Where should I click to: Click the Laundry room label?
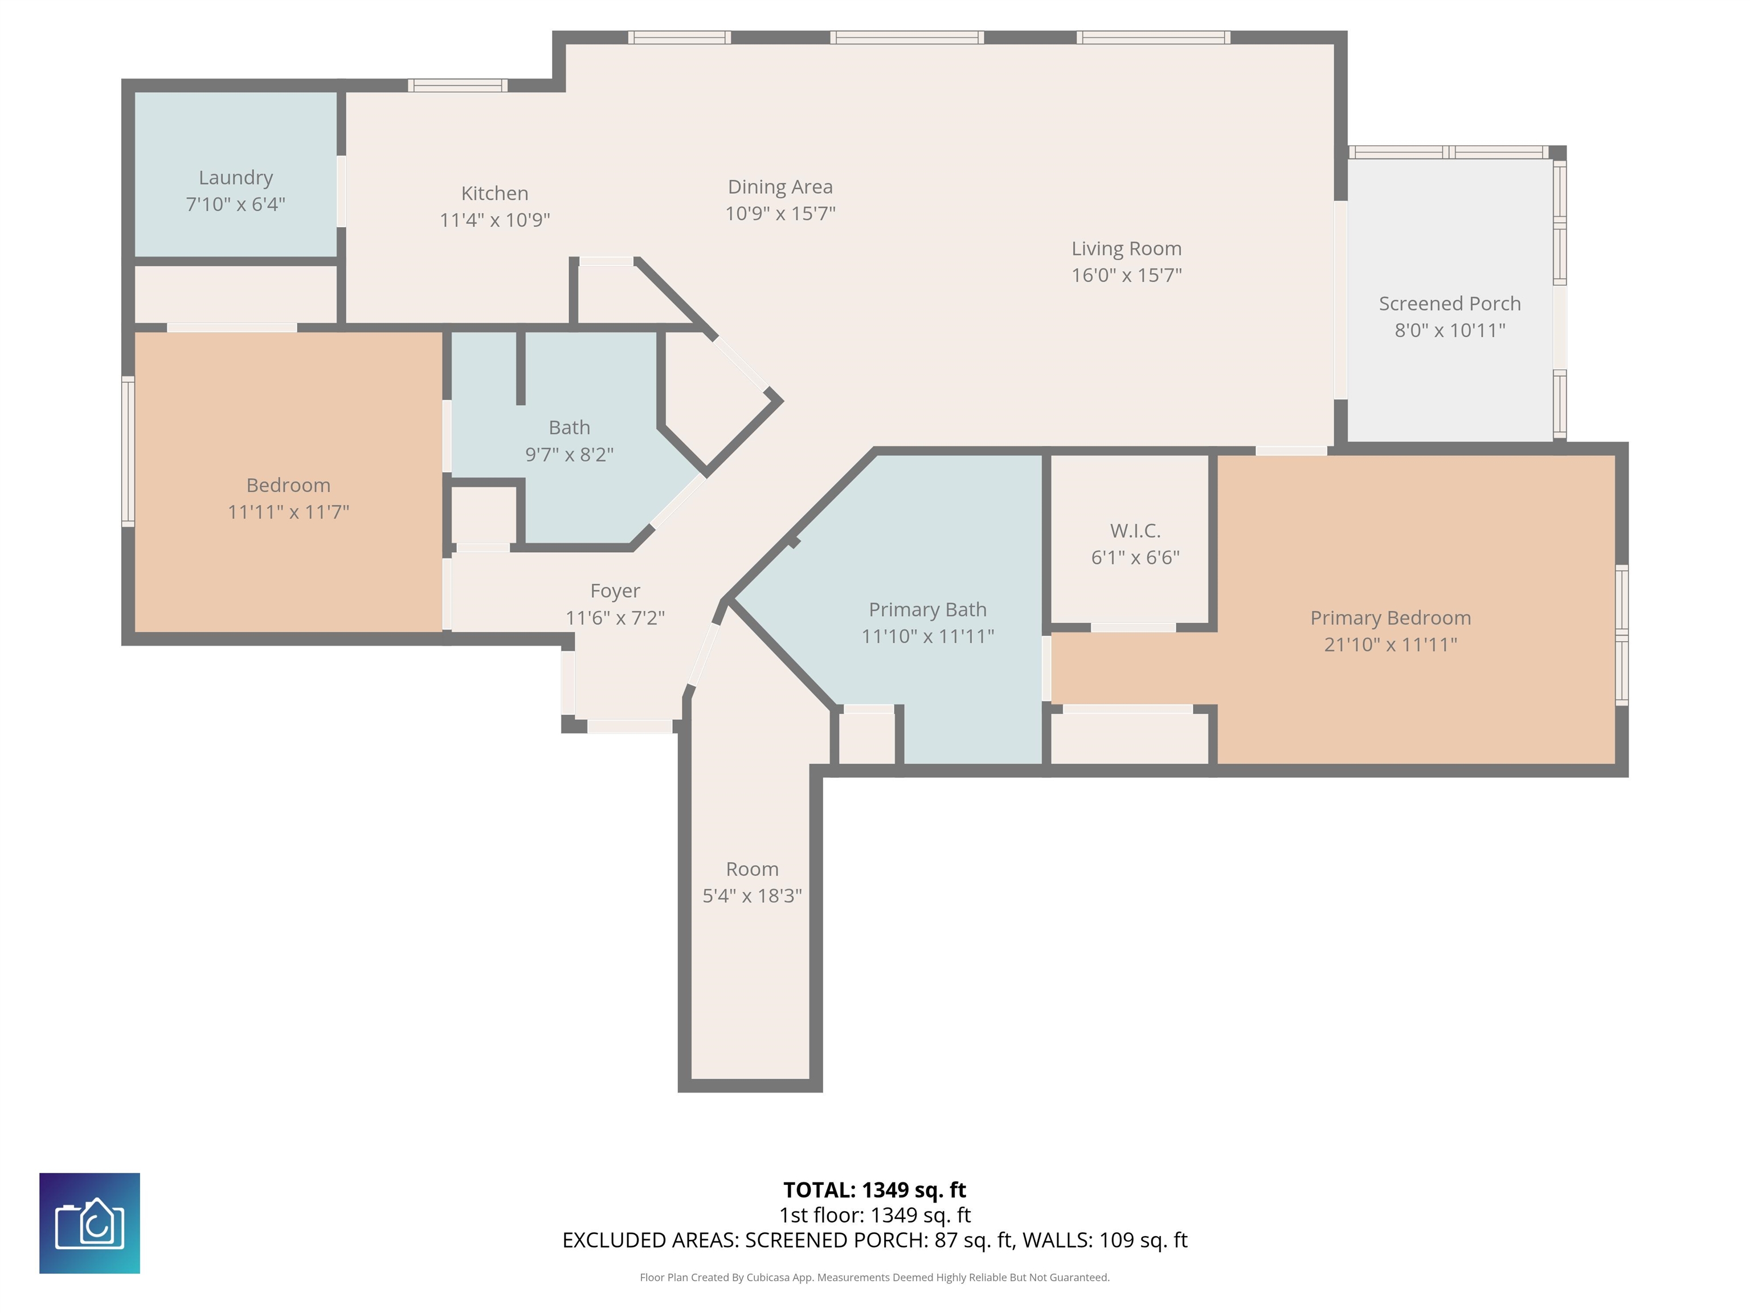click(x=236, y=178)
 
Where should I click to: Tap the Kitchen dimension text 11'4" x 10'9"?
click(x=494, y=220)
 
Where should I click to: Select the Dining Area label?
click(x=780, y=187)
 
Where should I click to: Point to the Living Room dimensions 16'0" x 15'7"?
click(x=1127, y=275)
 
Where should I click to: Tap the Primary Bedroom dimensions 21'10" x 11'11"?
click(x=1391, y=644)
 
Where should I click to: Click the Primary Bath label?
click(x=927, y=609)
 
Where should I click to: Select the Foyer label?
click(x=615, y=591)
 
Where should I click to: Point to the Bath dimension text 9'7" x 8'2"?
click(x=570, y=454)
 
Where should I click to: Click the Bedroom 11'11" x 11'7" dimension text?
click(x=288, y=512)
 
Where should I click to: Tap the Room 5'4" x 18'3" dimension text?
click(x=753, y=896)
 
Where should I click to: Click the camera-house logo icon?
click(x=89, y=1224)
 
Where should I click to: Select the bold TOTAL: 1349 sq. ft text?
click(x=874, y=1190)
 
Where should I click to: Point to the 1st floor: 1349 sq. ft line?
click(x=874, y=1216)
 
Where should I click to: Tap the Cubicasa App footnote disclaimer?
click(x=874, y=1278)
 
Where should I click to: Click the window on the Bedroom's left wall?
click(x=128, y=451)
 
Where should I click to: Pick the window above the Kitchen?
click(x=457, y=85)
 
